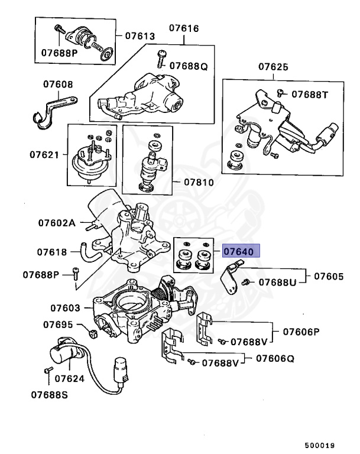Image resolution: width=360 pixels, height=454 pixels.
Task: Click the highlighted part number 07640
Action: (239, 252)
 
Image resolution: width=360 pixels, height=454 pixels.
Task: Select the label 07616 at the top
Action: (184, 28)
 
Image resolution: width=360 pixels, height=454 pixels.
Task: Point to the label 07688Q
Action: (189, 66)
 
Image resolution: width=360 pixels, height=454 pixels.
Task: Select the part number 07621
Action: (45, 155)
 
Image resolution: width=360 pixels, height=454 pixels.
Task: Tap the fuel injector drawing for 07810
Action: (150, 168)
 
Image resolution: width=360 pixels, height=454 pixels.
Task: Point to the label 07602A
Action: (57, 223)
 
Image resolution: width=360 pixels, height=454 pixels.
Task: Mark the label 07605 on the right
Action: (328, 276)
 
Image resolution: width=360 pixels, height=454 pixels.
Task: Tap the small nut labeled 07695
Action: (93, 335)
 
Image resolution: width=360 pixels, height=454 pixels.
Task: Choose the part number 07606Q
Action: (278, 358)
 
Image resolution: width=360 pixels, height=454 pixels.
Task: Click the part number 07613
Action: (140, 36)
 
